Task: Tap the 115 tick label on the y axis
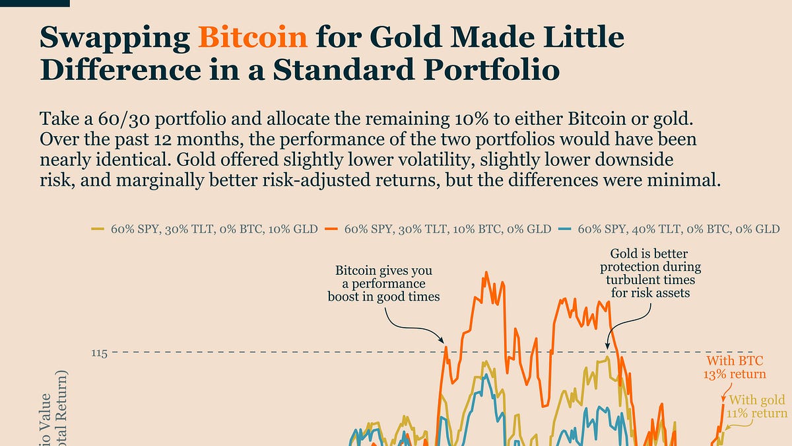click(x=99, y=353)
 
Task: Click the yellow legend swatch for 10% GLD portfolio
click(x=96, y=229)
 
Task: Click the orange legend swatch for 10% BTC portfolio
click(x=331, y=229)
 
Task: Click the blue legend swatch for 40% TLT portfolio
click(x=564, y=229)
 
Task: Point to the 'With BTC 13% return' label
click(x=736, y=367)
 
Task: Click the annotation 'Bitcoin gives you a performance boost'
click(x=383, y=283)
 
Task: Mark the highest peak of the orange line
click(x=485, y=272)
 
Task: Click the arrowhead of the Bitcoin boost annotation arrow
click(x=443, y=343)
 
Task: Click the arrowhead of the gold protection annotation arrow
click(x=608, y=346)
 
